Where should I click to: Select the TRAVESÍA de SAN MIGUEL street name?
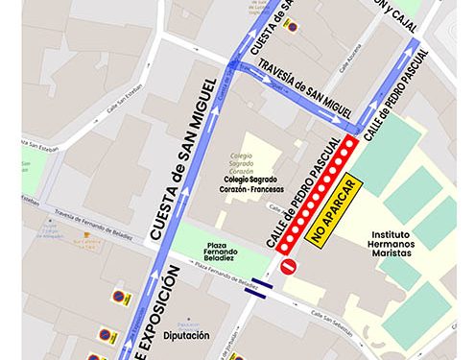pyautogui.click(x=298, y=86)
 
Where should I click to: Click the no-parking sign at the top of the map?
pyautogui.click(x=291, y=26)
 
